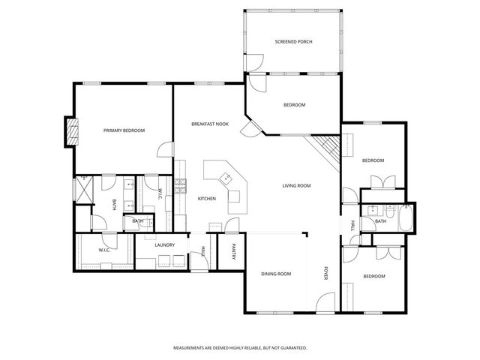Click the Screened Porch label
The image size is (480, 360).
tap(293, 41)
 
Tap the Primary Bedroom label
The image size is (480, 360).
tap(124, 130)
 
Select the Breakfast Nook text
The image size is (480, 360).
tap(209, 124)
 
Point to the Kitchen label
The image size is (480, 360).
tap(207, 199)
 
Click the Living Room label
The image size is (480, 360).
tap(296, 186)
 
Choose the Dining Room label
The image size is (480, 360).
tap(275, 274)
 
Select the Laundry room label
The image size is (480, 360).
tap(164, 245)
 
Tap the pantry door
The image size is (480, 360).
tap(233, 225)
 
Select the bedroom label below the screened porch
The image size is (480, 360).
tap(294, 105)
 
